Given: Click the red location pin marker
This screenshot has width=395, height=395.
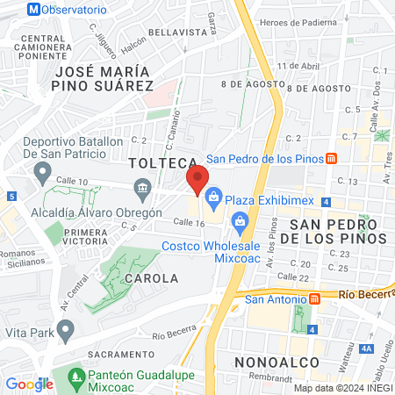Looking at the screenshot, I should click(197, 180).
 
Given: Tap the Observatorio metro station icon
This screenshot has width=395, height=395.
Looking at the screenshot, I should click(33, 10).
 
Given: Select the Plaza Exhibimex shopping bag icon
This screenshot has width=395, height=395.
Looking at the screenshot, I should click(214, 201).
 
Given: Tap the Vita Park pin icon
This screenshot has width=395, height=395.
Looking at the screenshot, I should click(64, 330).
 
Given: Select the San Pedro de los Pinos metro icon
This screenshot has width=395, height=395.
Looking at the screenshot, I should click(331, 159).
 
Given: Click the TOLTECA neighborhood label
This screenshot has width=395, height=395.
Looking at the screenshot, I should click(161, 163).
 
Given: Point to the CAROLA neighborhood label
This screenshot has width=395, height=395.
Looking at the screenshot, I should click(152, 277).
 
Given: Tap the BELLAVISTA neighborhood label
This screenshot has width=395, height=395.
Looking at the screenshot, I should click(175, 31).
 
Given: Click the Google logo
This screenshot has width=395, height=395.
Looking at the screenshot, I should click(29, 384).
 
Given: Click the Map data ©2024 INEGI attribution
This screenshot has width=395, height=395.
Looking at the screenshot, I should click(342, 388).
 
